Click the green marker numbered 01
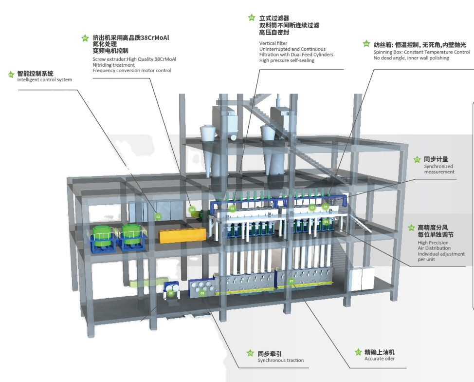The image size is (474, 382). pyautogui.click(x=157, y=215)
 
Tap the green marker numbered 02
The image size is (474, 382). pyautogui.click(x=192, y=210)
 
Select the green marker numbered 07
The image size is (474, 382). pyautogui.click(x=292, y=281)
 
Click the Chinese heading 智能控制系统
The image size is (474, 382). pyautogui.click(x=35, y=74)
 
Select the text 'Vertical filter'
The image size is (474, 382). pyautogui.click(x=273, y=43)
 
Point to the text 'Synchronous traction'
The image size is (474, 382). pyautogui.click(x=280, y=361)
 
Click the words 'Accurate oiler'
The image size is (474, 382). pyautogui.click(x=379, y=359)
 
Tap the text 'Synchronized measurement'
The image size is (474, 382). pyautogui.click(x=438, y=169)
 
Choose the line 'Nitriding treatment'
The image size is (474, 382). pyautogui.click(x=113, y=65)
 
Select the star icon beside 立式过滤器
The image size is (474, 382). pyautogui.click(x=252, y=18)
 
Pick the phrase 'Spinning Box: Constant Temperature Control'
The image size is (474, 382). pyautogui.click(x=421, y=52)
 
